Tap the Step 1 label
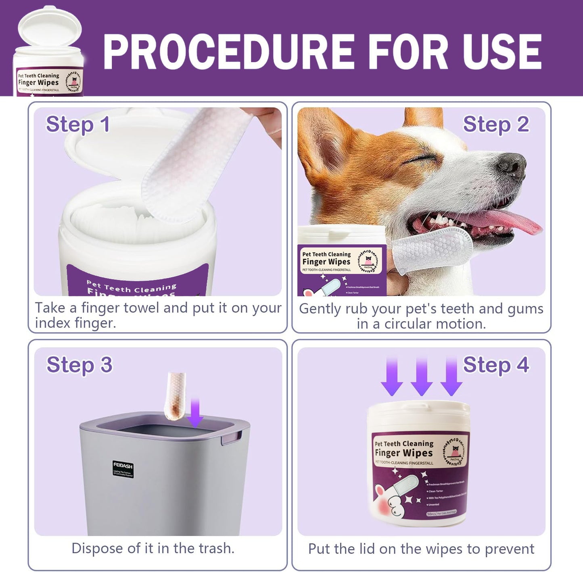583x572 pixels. tap(78, 124)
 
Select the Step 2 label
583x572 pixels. tap(495, 124)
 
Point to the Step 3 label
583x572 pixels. tap(79, 365)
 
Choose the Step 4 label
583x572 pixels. tap(495, 365)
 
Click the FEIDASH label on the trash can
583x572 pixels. tap(123, 469)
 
